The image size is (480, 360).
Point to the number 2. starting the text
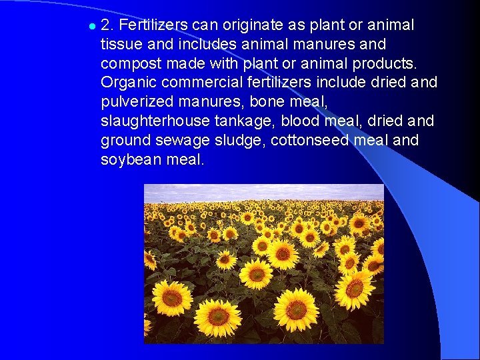(107, 25)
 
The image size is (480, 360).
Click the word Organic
(126, 83)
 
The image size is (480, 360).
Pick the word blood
(299, 122)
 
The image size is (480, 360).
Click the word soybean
(130, 161)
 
